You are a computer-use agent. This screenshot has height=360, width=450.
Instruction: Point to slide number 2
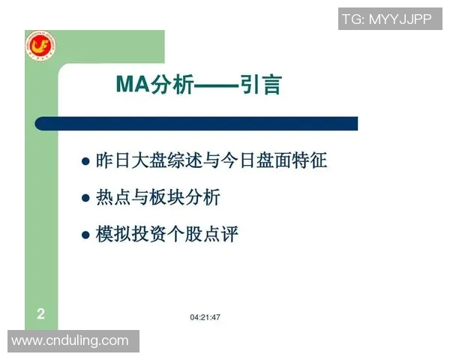tap(40, 314)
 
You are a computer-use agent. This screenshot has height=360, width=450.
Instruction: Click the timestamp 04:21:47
tap(205, 318)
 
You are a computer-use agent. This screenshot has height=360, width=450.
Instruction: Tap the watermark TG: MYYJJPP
tap(386, 19)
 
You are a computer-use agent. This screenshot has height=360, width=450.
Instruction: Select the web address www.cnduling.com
tap(70, 340)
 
